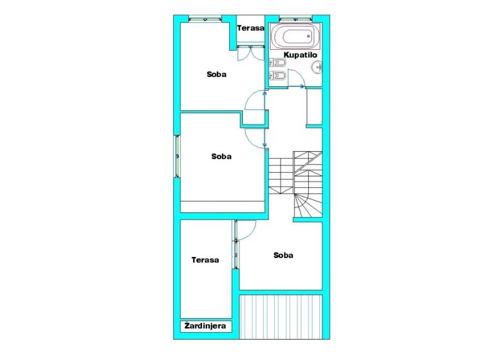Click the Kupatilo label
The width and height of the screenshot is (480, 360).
coord(300,55)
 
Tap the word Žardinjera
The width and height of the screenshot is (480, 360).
coord(205,326)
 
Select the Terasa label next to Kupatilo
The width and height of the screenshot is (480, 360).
coord(250,28)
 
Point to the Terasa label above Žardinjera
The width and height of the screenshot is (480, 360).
coord(205,260)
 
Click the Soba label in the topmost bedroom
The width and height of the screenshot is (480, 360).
coord(217,74)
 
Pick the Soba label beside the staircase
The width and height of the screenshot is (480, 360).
coord(221,157)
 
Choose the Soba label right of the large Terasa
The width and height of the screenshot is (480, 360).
coord(283,255)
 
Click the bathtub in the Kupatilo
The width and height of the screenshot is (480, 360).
coord(295,36)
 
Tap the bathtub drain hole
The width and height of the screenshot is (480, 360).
coord(308,36)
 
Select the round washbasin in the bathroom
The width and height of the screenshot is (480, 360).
coord(317,67)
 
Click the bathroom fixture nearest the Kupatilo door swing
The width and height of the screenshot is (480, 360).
coord(277,75)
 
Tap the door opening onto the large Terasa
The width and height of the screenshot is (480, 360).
coord(247,230)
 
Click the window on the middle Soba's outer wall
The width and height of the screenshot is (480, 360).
coord(177,156)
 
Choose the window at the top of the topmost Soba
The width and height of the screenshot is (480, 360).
coord(205,19)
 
